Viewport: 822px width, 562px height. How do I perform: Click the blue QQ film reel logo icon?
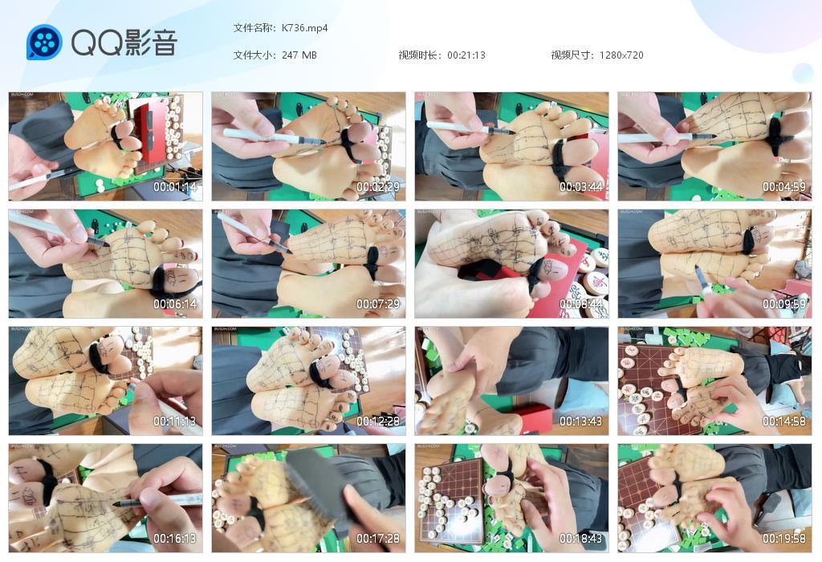tap(44, 43)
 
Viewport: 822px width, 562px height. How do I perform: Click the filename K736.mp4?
tap(304, 28)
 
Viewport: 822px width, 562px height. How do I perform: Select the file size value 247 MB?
tap(299, 55)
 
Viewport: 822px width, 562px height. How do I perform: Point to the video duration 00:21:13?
tap(466, 55)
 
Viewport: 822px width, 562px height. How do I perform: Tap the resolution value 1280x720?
tap(621, 55)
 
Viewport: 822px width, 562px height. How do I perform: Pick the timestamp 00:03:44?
tap(580, 187)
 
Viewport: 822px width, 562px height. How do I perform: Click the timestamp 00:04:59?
tap(783, 187)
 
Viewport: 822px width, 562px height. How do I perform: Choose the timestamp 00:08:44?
tap(580, 304)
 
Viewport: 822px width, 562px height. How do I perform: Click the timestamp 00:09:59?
tap(783, 304)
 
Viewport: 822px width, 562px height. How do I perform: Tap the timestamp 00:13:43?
tap(580, 421)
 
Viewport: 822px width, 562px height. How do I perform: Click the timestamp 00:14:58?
tap(783, 421)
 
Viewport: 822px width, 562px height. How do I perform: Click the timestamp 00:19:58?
tap(783, 539)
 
